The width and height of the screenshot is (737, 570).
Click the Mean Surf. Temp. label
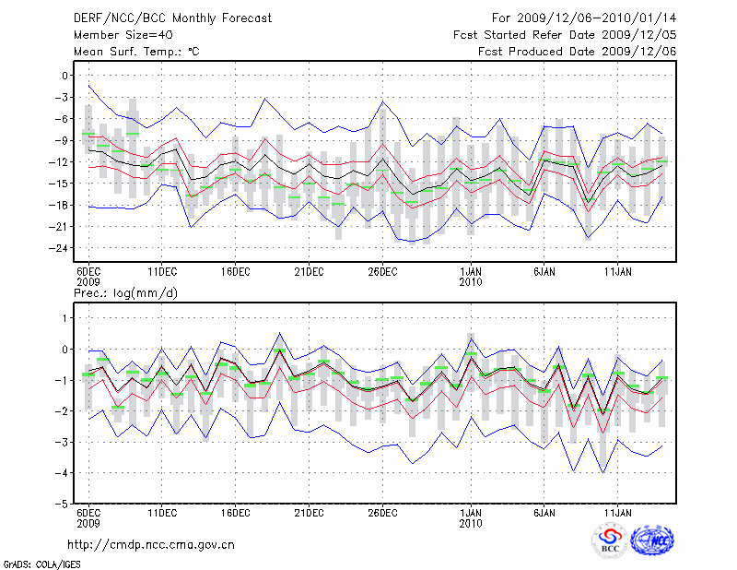point(136,51)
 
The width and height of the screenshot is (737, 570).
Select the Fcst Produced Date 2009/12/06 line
point(578,51)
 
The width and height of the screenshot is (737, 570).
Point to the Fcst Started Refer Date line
point(565,34)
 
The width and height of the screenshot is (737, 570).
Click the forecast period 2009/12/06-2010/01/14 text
point(584,18)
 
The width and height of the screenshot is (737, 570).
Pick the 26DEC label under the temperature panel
point(382,272)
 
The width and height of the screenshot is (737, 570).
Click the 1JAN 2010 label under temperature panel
point(471,278)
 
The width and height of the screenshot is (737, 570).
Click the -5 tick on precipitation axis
point(64,505)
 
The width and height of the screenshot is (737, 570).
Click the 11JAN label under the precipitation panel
point(617,513)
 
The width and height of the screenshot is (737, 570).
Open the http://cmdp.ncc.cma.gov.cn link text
point(151,544)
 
